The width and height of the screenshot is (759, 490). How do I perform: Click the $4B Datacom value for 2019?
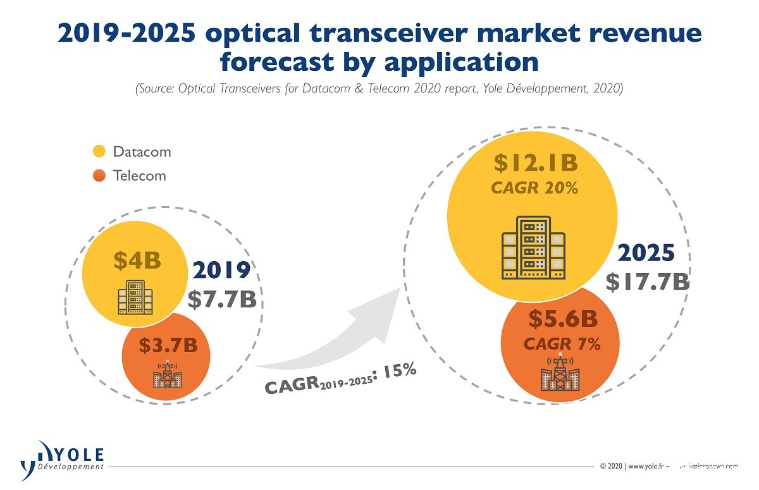pyautogui.click(x=137, y=260)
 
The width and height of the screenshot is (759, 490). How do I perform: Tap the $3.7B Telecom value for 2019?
pyautogui.click(x=168, y=346)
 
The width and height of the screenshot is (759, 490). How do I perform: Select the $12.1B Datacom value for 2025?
pyautogui.click(x=536, y=163)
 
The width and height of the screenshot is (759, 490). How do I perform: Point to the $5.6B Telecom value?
pyautogui.click(x=562, y=320)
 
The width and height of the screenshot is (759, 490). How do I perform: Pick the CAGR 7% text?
pyautogui.click(x=562, y=344)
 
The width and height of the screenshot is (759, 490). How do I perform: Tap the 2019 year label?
pyautogui.click(x=221, y=270)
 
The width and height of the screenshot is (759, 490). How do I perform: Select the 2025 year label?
pyautogui.click(x=646, y=253)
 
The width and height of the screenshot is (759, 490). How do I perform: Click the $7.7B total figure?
pyautogui.click(x=222, y=299)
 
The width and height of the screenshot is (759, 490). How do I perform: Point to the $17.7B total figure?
pyautogui.click(x=647, y=282)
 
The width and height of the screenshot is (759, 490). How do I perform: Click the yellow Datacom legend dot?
pyautogui.click(x=99, y=152)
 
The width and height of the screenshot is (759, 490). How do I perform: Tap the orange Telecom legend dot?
pyautogui.click(x=99, y=175)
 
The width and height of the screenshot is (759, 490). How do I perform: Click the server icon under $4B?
pyautogui.click(x=135, y=298)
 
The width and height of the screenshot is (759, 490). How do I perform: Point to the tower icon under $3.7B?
pyautogui.click(x=167, y=375)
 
